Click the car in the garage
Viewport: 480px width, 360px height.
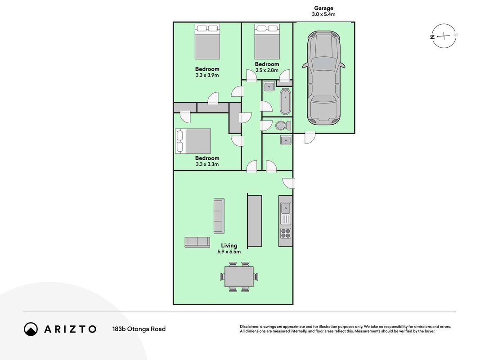[324, 78]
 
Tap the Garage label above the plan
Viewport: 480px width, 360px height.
[323, 8]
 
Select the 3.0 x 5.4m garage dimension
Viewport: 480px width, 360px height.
[323, 14]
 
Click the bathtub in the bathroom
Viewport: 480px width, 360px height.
[285, 102]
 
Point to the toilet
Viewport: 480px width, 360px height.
[283, 126]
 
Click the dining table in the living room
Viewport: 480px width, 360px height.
[239, 277]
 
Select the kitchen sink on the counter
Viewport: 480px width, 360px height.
[285, 208]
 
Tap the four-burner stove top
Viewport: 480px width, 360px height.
[285, 233]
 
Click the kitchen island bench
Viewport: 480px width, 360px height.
[254, 220]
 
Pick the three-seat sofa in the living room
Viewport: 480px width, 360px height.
[219, 216]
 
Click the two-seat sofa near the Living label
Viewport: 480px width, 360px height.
[197, 242]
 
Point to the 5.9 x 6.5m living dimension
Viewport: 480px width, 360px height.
[229, 252]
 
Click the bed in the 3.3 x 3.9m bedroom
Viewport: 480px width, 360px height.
[207, 42]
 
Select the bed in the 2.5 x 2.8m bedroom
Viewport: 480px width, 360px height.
[267, 42]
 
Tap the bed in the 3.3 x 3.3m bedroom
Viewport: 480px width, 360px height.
[193, 141]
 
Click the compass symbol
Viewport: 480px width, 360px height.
[444, 36]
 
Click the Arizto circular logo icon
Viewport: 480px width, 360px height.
[31, 329]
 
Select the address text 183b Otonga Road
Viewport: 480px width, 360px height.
[139, 329]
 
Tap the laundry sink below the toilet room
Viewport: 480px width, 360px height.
[285, 140]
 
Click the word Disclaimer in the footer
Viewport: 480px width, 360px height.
[249, 327]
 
